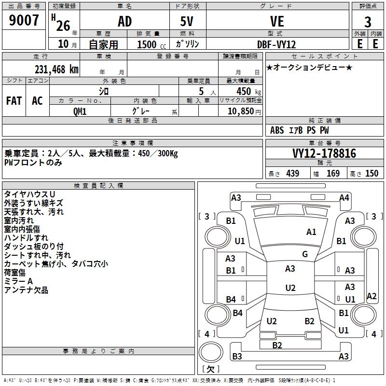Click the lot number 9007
[x=24, y=21]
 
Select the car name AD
[x=124, y=22]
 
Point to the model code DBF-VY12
[x=276, y=44]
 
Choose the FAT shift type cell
[x=14, y=101]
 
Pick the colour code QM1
[x=80, y=111]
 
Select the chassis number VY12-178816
[x=324, y=153]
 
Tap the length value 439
[x=292, y=174]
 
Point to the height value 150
[x=372, y=174]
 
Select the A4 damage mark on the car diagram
[x=344, y=197]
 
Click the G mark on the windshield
[x=305, y=254]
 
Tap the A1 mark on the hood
[x=311, y=232]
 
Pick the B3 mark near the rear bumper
[x=237, y=357]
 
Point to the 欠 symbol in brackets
[x=210, y=369]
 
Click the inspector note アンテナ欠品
[x=26, y=290]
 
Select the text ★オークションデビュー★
[x=309, y=67]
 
